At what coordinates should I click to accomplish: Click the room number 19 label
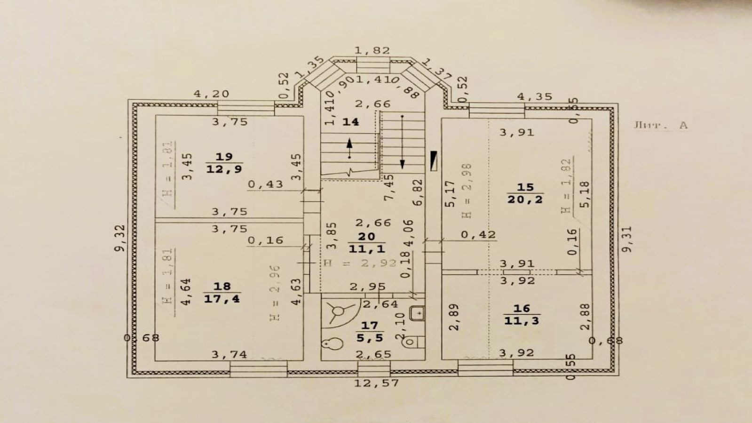[224, 157]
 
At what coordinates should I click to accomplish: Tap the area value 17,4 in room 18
[222, 298]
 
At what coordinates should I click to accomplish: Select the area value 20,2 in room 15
[525, 200]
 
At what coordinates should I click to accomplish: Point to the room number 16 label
[522, 309]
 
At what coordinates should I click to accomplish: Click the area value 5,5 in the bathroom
[370, 337]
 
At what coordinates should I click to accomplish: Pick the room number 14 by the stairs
[350, 122]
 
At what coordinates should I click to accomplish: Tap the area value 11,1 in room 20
[367, 248]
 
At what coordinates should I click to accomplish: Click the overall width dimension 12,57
[376, 383]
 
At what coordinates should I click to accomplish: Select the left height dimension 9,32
[121, 238]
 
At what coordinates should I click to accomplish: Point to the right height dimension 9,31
[627, 239]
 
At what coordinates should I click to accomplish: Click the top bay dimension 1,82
[372, 50]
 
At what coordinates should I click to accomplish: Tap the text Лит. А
[660, 125]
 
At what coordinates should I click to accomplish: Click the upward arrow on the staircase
[349, 148]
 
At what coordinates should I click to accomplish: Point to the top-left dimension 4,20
[212, 94]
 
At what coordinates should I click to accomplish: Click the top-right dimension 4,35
[535, 96]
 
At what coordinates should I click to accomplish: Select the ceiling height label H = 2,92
[360, 263]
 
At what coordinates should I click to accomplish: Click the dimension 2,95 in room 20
[368, 286]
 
